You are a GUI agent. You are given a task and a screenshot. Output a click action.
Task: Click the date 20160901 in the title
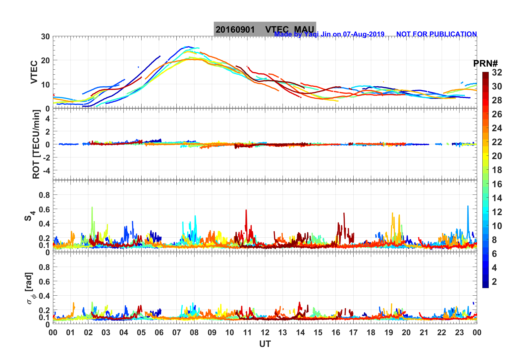coord(235,30)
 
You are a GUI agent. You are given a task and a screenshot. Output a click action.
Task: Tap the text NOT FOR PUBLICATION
coord(436,34)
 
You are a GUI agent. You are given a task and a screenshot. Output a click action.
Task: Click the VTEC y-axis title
coord(34,72)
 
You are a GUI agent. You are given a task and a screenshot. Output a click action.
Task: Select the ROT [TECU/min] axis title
coord(36,144)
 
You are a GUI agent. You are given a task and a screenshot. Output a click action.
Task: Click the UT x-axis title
coord(265,344)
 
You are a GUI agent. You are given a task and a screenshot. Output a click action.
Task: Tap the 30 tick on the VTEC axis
coord(45,37)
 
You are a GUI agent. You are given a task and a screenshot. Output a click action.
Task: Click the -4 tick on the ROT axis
coord(45,170)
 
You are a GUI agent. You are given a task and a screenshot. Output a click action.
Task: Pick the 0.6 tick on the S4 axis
coord(44,209)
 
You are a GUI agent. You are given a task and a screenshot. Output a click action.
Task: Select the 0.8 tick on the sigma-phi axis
coord(44,267)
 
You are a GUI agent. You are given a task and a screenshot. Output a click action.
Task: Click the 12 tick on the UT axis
coord(265,332)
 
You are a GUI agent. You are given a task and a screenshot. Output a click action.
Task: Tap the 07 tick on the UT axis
coord(177,332)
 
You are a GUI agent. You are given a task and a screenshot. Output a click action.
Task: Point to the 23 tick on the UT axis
coord(459,332)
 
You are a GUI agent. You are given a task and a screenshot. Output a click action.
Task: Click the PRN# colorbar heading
coord(485,64)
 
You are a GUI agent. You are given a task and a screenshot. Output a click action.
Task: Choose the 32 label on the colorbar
coord(497,72)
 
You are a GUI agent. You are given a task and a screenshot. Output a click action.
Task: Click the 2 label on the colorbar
coord(494,281)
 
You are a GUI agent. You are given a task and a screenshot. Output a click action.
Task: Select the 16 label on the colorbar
coord(497,184)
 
